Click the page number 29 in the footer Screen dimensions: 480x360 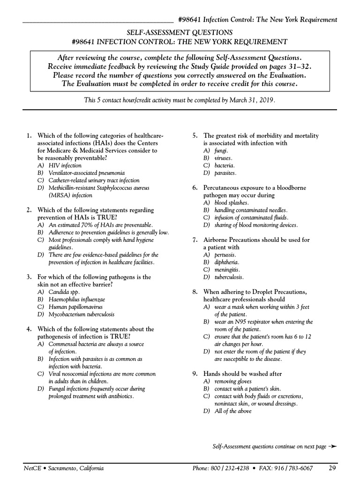(x=332, y=468)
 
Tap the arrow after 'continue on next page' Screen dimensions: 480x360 (x=333, y=447)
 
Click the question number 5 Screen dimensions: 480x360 (x=195, y=136)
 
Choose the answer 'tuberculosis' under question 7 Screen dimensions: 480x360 (x=229, y=277)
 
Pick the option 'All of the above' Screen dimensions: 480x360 (x=232, y=411)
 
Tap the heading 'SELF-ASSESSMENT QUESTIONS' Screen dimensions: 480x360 (x=180, y=32)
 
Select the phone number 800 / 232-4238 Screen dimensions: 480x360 (x=230, y=468)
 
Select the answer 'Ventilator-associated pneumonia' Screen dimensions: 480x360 (x=86, y=173)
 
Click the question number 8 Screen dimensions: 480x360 (x=195, y=292)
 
